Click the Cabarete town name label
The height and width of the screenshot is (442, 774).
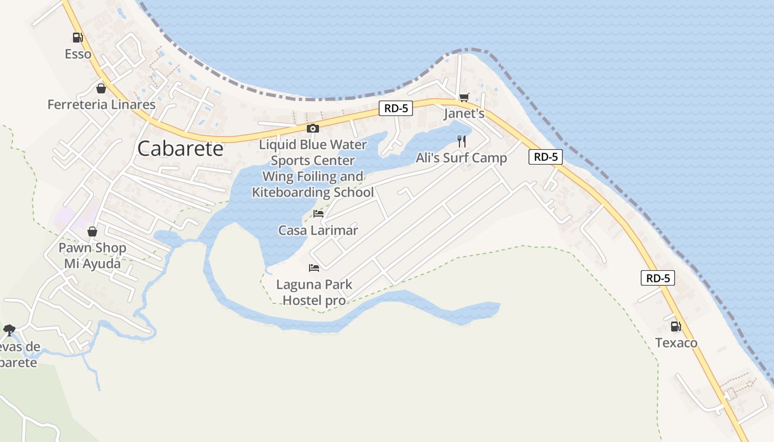point(180,149)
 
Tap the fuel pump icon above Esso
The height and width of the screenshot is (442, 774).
point(77,38)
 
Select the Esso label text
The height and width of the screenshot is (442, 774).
point(78,54)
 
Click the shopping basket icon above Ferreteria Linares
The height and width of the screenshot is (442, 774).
point(101,88)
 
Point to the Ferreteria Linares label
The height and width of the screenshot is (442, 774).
point(102,104)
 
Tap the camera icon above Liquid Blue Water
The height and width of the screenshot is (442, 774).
point(312,129)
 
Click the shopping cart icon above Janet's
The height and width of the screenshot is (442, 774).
point(464,98)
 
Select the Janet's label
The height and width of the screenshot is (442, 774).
point(464,114)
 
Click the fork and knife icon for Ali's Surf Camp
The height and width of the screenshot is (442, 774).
point(462,141)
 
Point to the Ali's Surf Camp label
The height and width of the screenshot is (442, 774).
point(461,158)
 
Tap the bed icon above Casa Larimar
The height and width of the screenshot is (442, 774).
point(318,214)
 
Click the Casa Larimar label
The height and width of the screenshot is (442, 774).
point(318,230)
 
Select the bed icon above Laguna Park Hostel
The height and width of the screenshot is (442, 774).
point(314,268)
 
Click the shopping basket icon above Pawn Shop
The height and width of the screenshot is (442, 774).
point(92,231)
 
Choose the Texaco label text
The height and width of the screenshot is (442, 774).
point(676,343)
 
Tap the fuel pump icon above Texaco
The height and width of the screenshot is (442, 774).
point(676,327)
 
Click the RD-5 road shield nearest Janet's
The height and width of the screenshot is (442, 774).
point(396,108)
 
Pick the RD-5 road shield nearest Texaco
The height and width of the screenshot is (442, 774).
point(658,278)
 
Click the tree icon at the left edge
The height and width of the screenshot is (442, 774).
point(9,330)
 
